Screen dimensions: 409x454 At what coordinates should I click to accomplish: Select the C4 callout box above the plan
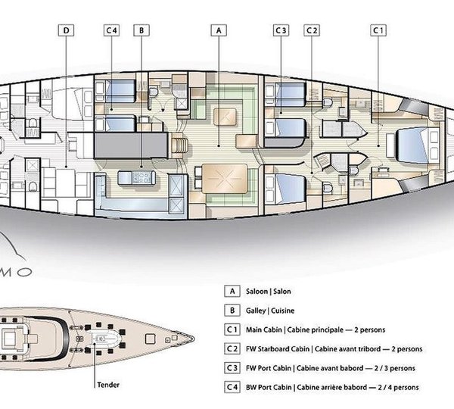(112, 31)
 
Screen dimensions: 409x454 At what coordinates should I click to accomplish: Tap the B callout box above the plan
(141, 31)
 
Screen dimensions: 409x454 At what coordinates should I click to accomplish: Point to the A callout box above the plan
(218, 31)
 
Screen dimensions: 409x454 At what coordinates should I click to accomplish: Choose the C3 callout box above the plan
(281, 31)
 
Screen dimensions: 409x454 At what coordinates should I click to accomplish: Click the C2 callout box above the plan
(312, 31)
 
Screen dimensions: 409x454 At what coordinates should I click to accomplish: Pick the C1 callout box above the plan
(378, 31)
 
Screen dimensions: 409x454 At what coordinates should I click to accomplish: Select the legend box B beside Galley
(231, 311)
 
